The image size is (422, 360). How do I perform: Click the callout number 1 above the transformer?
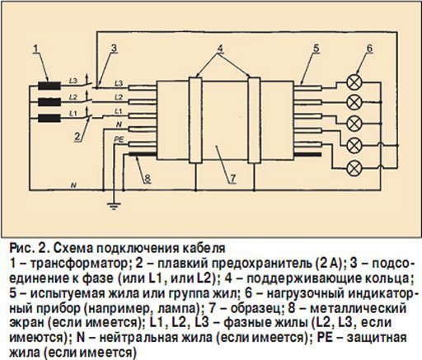[36, 49]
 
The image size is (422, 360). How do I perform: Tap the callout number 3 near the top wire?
[114, 49]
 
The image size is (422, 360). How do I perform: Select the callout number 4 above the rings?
[220, 49]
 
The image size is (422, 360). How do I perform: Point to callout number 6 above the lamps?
[369, 49]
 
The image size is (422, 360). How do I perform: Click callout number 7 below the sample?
[233, 179]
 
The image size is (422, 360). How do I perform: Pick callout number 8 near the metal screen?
[148, 179]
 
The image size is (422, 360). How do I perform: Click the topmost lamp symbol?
[354, 82]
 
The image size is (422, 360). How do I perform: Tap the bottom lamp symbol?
[354, 168]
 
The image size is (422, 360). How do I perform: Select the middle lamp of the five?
[354, 124]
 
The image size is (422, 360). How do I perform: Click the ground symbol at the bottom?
[114, 206]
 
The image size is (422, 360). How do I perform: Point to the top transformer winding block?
[49, 86]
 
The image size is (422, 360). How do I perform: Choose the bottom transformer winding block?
[49, 119]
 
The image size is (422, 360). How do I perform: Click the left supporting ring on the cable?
[195, 120]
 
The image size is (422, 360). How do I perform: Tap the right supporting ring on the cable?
[254, 120]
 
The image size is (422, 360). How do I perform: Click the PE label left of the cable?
[119, 139]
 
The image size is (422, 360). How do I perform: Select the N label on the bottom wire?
[73, 185]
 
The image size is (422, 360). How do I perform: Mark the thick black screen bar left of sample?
[143, 154]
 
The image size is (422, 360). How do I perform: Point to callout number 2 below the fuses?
[77, 135]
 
